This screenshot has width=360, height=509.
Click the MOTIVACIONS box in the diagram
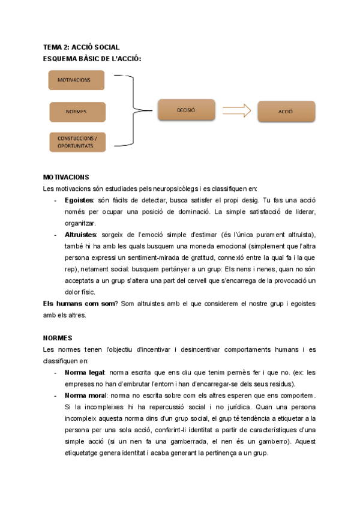pos(76,80)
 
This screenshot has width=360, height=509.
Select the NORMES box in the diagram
pos(76,112)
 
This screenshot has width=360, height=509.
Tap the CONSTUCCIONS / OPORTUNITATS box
pos(76,142)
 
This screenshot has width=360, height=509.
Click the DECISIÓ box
pos(186,110)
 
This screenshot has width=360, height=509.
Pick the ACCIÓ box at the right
pos(285,111)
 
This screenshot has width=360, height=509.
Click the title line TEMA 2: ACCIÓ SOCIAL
pos(81,47)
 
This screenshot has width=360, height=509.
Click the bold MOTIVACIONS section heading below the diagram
pos(66,177)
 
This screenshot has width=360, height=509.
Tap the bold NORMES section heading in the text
pos(58,338)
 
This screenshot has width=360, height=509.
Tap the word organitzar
pos(82,223)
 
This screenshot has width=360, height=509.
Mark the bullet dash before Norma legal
pos(56,372)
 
